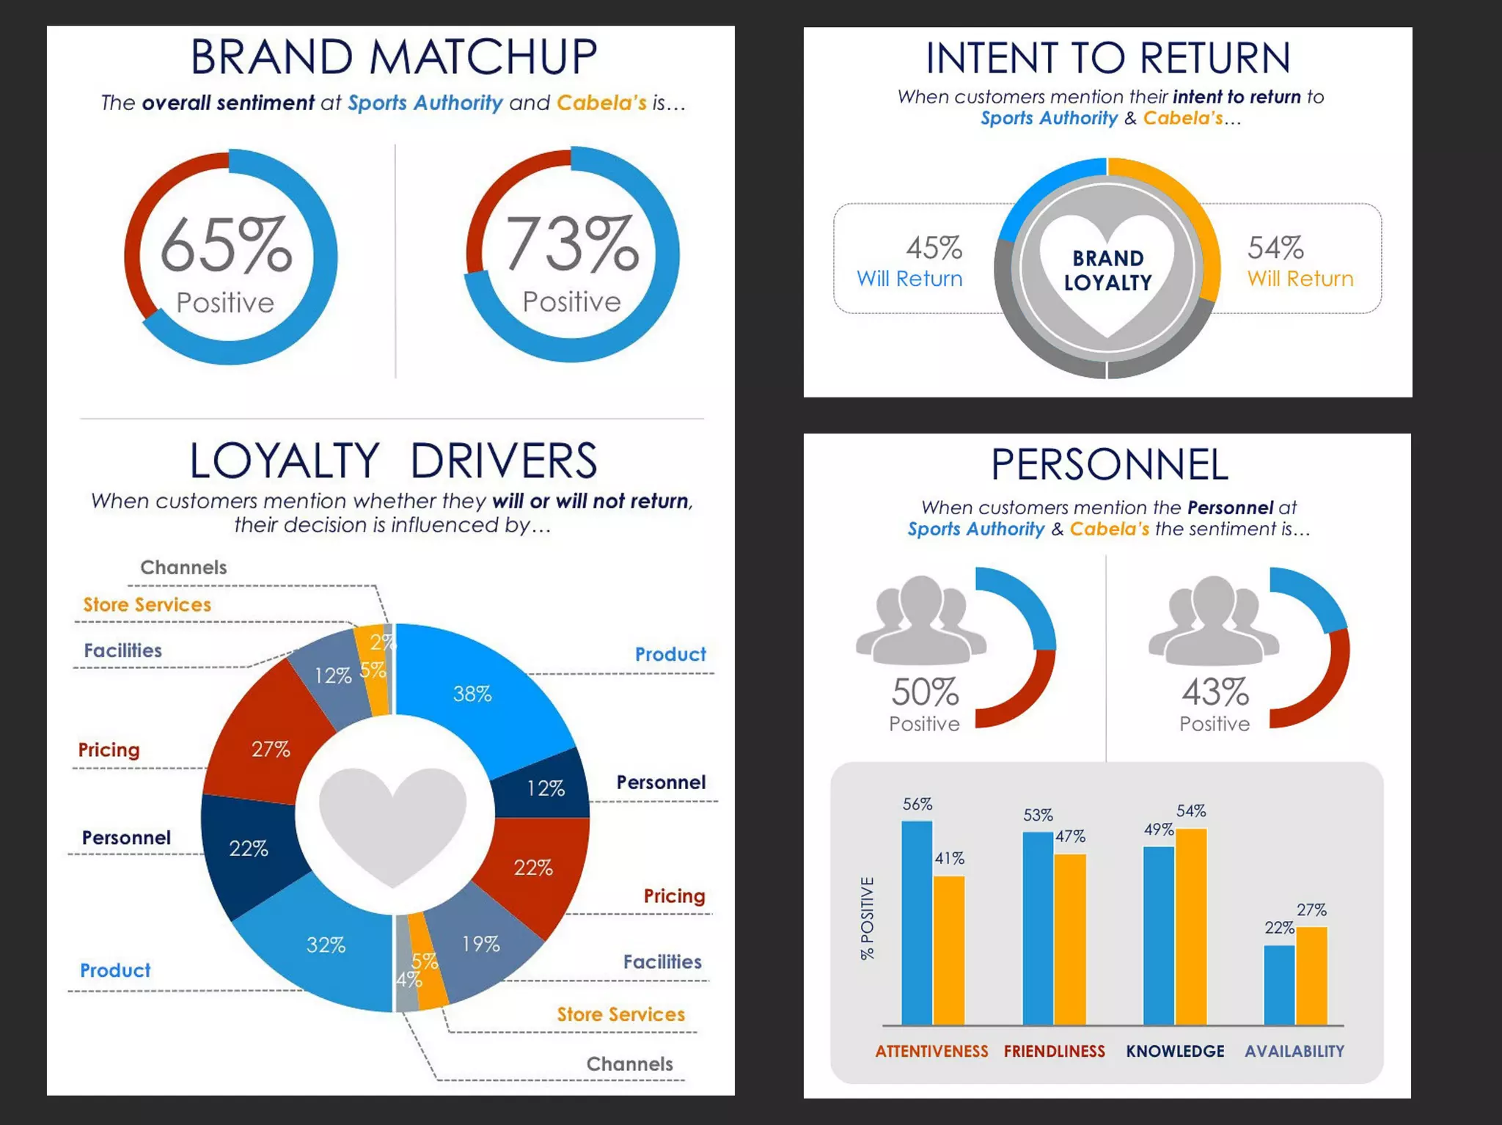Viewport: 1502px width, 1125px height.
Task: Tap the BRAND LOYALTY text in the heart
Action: (1107, 270)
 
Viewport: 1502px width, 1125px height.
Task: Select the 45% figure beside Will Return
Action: (934, 248)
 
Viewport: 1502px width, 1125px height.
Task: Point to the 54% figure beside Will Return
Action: (1275, 248)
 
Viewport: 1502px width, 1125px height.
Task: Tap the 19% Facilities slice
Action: (480, 945)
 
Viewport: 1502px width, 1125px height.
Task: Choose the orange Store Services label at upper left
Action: (147, 604)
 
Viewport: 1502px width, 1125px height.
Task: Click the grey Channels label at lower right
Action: (629, 1063)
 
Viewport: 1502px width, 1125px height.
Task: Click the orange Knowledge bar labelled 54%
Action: (1191, 927)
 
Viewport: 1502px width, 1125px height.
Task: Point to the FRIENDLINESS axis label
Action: (1054, 1051)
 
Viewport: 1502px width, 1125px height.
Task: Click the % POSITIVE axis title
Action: (868, 918)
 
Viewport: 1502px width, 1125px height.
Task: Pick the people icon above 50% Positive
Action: (921, 620)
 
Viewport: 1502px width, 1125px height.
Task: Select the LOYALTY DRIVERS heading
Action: (393, 461)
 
